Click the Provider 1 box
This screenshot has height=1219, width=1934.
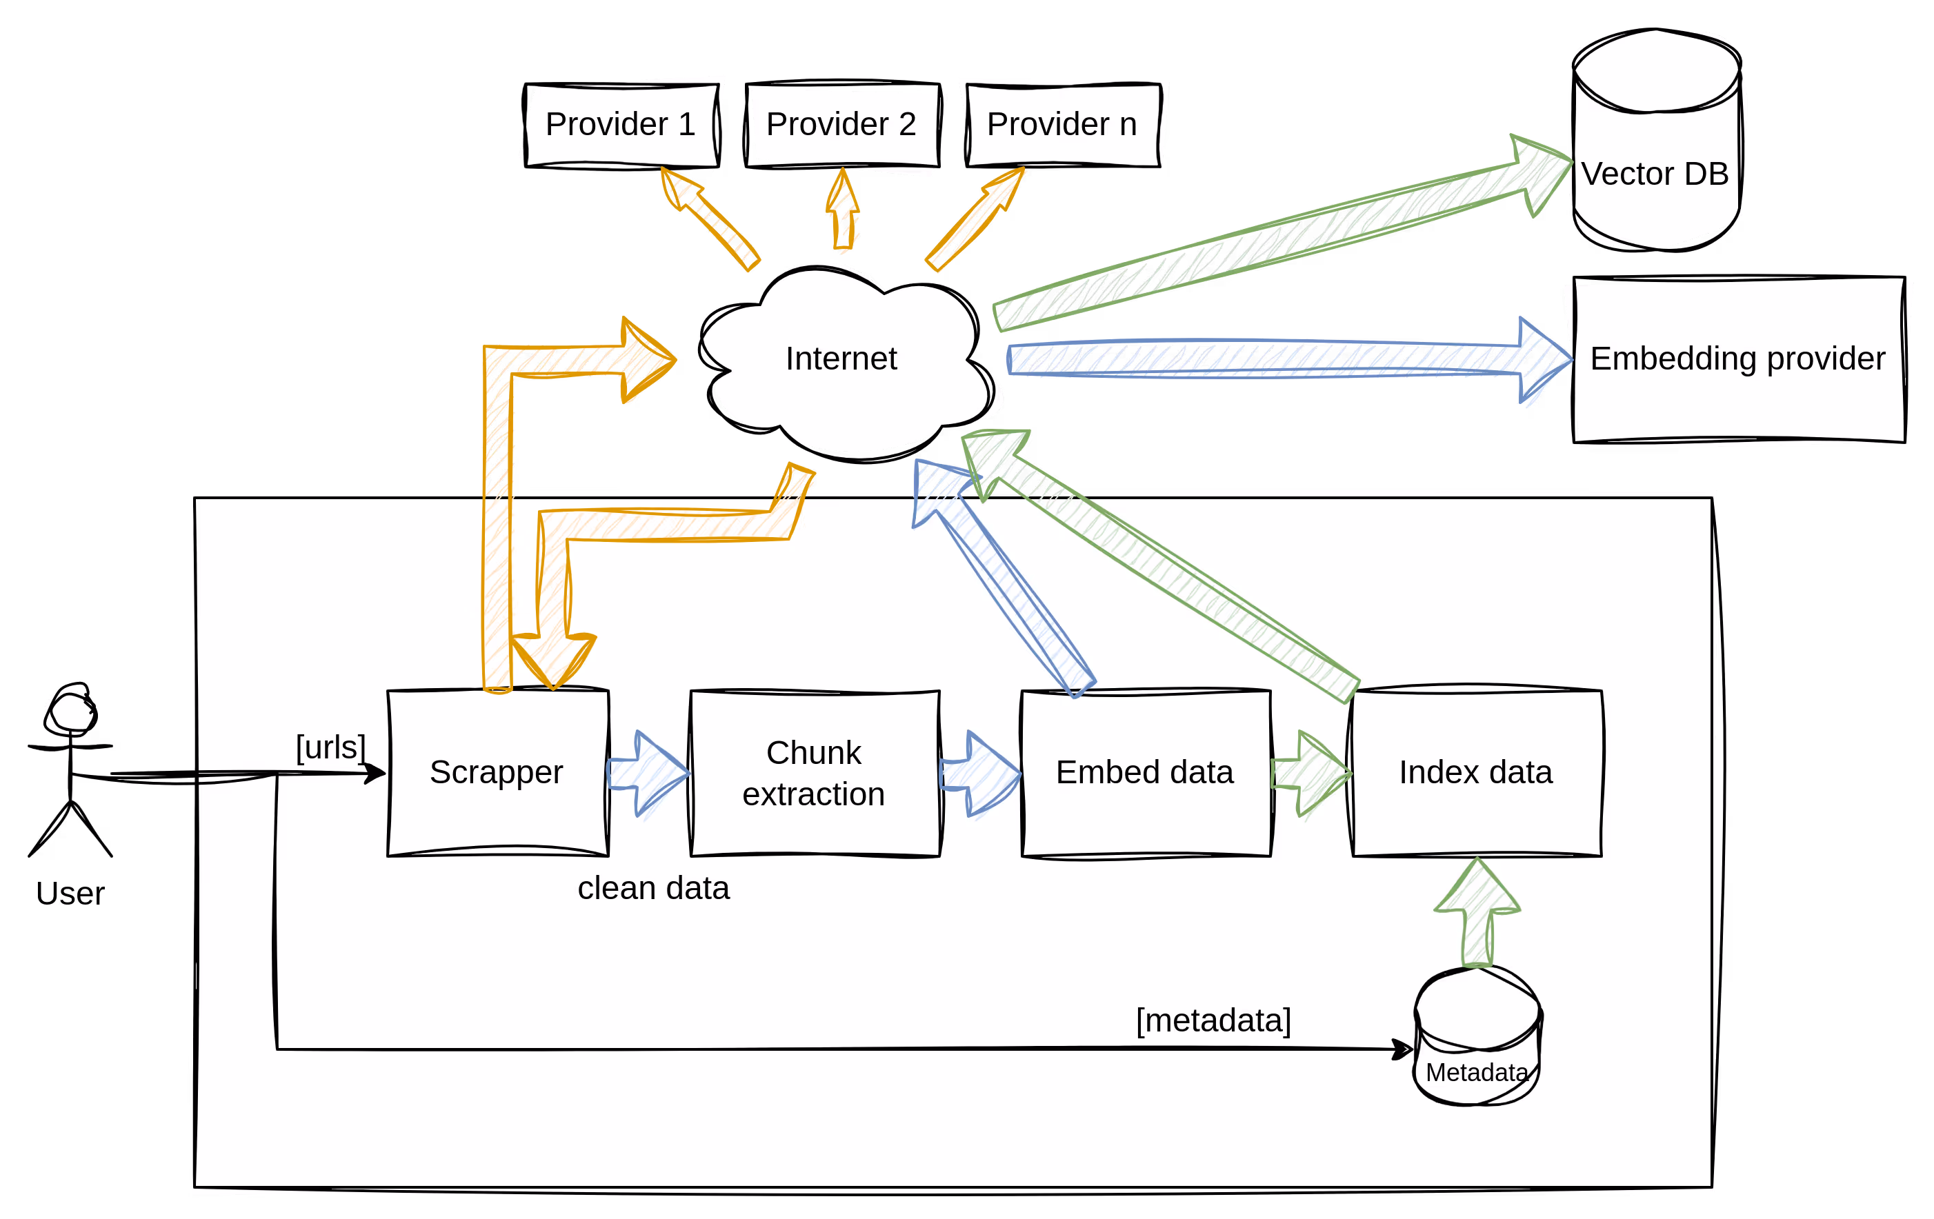(620, 125)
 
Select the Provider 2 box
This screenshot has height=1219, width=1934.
(841, 125)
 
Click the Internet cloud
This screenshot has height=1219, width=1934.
(841, 358)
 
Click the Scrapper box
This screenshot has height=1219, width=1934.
(497, 772)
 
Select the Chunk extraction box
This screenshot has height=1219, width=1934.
(815, 772)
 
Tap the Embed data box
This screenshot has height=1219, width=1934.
(1146, 772)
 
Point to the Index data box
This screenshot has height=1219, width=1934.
(1476, 772)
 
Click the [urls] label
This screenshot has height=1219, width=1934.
(331, 747)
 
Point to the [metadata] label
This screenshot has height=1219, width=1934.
(1213, 1020)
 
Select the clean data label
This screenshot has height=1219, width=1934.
(653, 888)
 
